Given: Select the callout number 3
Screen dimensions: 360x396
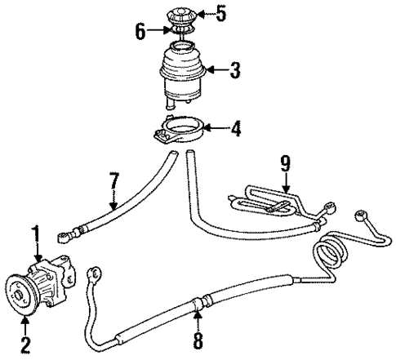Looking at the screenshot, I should coord(234,70).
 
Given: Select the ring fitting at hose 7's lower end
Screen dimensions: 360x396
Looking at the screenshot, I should coord(63,238).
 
